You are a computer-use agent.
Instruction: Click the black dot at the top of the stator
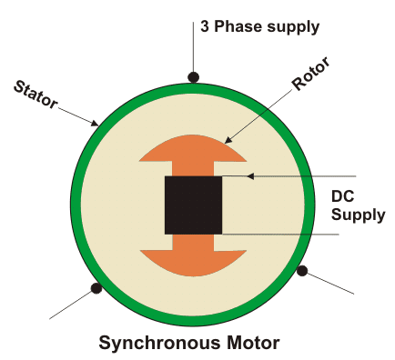pyautogui.click(x=193, y=77)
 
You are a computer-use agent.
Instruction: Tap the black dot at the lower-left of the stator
pyautogui.click(x=96, y=289)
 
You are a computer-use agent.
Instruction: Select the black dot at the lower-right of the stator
pyautogui.click(x=302, y=270)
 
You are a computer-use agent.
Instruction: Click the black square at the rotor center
pyautogui.click(x=193, y=205)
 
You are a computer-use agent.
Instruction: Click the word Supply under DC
pyautogui.click(x=358, y=215)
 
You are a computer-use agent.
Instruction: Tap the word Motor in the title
pyautogui.click(x=250, y=343)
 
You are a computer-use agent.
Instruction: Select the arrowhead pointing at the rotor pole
pyautogui.click(x=228, y=141)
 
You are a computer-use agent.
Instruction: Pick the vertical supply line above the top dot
pyautogui.click(x=193, y=45)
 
